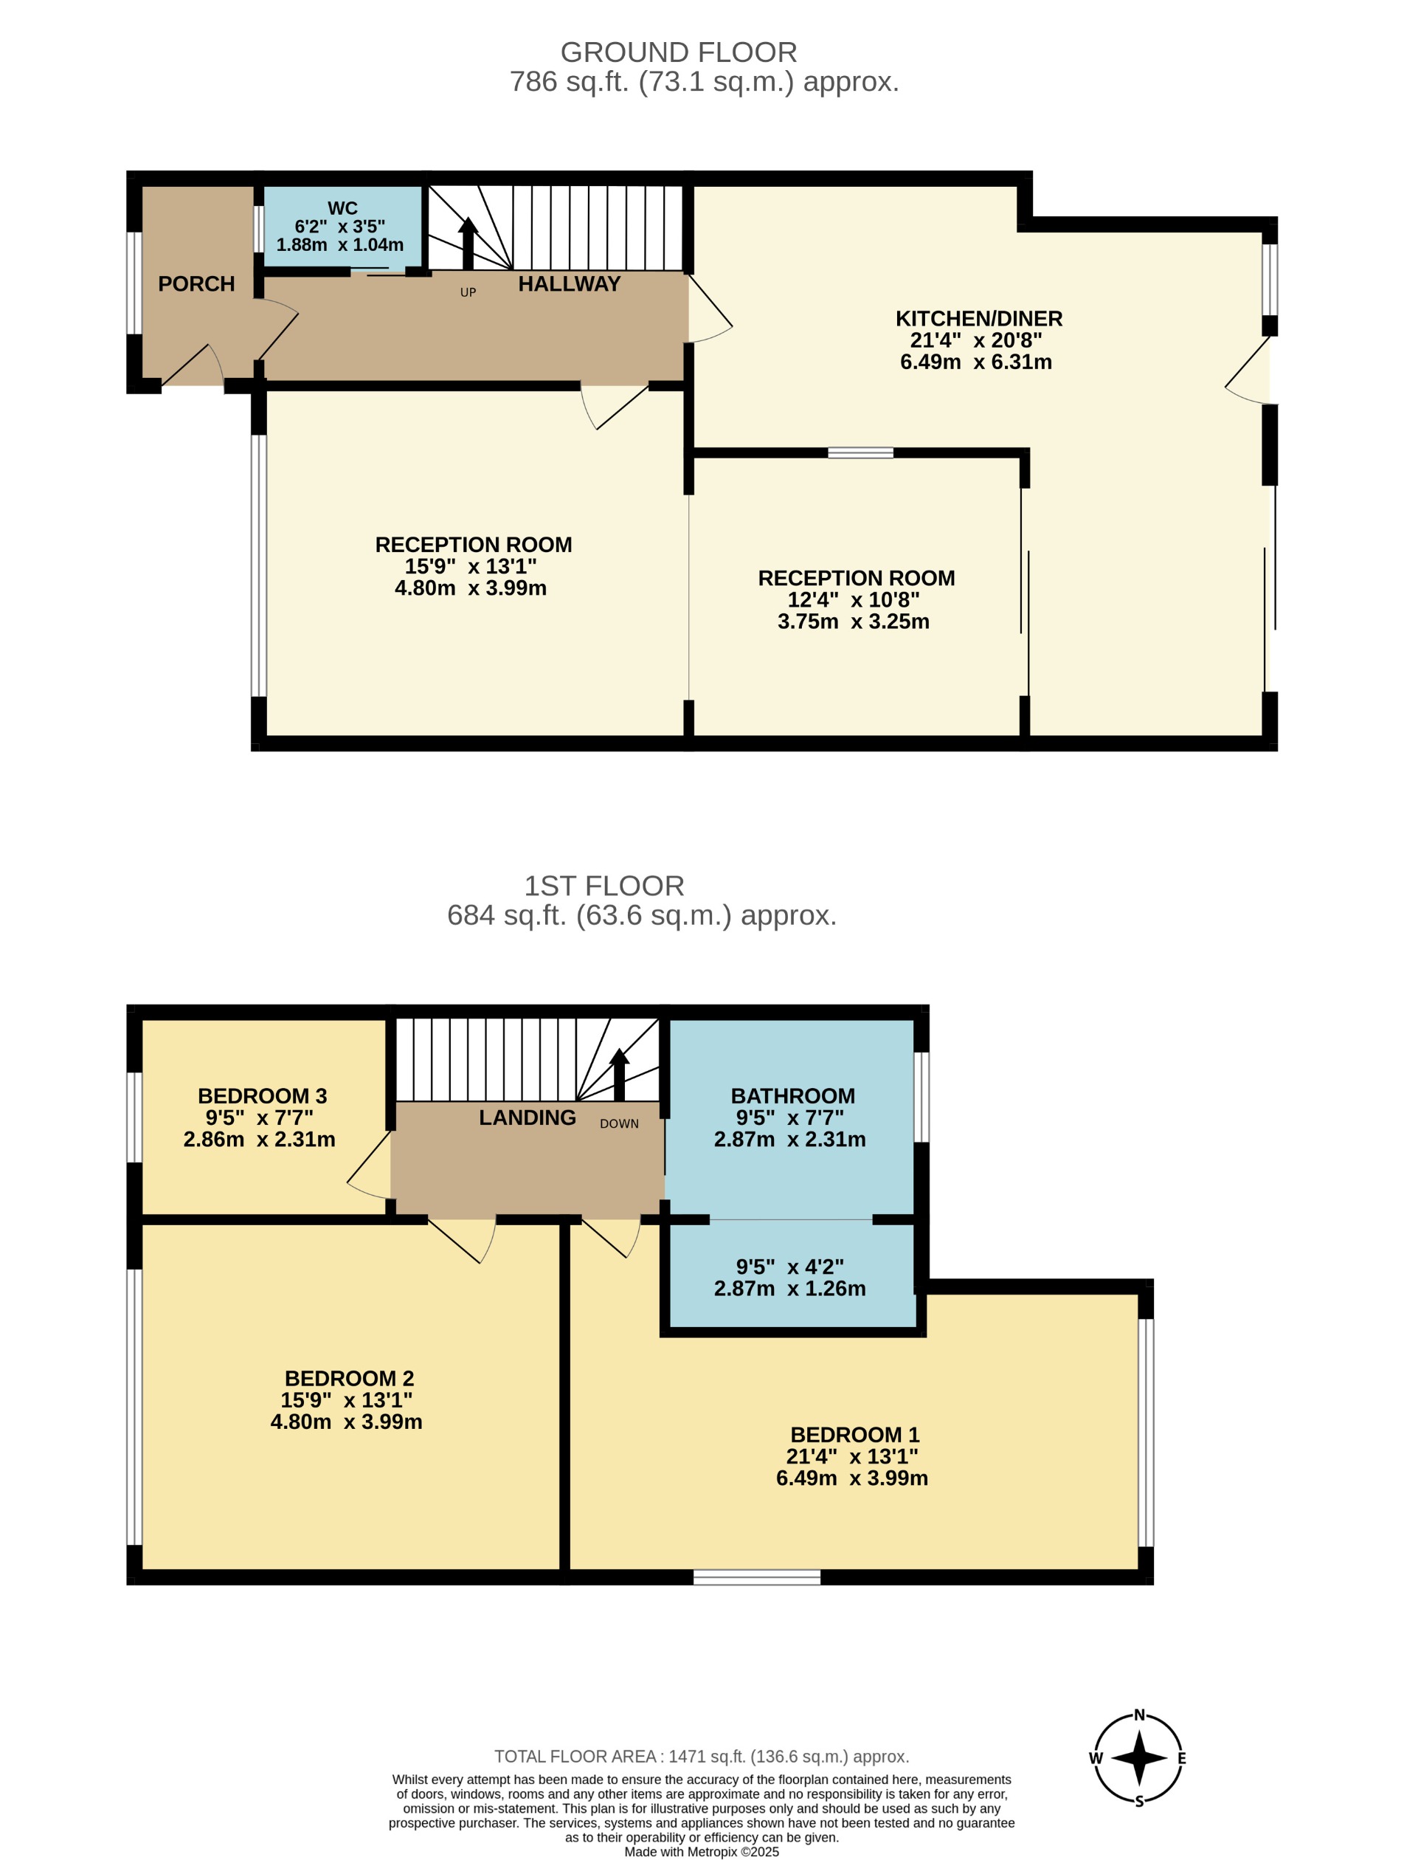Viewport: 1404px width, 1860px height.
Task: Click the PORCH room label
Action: [x=196, y=284]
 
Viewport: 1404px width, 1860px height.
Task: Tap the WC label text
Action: [x=342, y=207]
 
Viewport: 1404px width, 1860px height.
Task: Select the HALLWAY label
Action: [x=569, y=284]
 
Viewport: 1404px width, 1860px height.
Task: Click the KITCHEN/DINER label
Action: [x=978, y=319]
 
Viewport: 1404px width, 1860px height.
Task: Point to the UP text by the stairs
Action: [x=468, y=292]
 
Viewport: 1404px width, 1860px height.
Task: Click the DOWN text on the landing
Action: [x=620, y=1123]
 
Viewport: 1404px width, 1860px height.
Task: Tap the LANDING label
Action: [x=527, y=1117]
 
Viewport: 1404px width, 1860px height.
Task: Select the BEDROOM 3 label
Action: [x=263, y=1095]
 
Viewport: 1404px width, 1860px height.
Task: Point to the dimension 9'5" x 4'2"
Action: [x=789, y=1267]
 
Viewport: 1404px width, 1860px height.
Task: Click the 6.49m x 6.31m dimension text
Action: [x=975, y=362]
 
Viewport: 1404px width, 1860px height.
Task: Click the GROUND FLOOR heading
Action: [x=679, y=52]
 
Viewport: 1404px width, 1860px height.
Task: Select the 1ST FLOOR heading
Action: [x=604, y=886]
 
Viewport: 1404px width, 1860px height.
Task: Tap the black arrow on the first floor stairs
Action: [x=620, y=1073]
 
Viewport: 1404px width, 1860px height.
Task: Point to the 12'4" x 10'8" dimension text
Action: [x=854, y=599]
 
